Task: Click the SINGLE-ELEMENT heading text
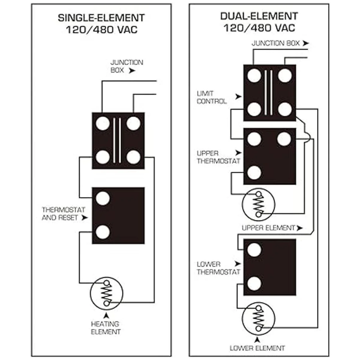click(x=101, y=18)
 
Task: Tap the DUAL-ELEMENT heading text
click(x=259, y=16)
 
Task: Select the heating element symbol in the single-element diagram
click(x=106, y=293)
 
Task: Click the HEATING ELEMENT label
click(x=105, y=328)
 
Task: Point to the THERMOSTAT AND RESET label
click(x=63, y=214)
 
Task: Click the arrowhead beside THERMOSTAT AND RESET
click(x=85, y=217)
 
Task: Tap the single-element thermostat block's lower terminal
click(x=103, y=232)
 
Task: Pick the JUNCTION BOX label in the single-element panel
click(x=126, y=66)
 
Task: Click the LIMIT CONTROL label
click(x=211, y=97)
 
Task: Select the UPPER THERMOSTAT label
click(x=218, y=157)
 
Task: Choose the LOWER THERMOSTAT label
click(x=218, y=268)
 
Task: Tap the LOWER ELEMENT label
click(x=257, y=348)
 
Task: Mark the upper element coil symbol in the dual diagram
click(x=258, y=204)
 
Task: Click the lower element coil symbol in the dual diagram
click(x=258, y=319)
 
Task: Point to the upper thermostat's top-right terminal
click(x=284, y=139)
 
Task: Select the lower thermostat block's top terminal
click(x=254, y=250)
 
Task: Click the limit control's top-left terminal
click(x=254, y=76)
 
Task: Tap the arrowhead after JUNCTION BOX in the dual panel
click(x=305, y=43)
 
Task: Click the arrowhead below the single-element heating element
click(x=106, y=315)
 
